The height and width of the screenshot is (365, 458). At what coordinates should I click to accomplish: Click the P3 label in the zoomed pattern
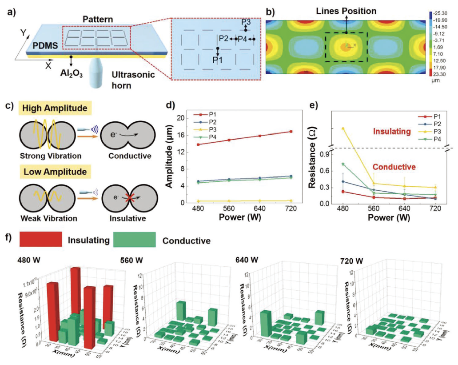pos(246,22)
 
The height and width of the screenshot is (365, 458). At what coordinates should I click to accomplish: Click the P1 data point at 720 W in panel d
pos(291,131)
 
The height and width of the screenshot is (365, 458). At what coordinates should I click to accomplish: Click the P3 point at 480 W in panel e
pos(343,128)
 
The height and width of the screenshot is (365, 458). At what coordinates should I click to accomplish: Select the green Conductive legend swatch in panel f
pos(134,240)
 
